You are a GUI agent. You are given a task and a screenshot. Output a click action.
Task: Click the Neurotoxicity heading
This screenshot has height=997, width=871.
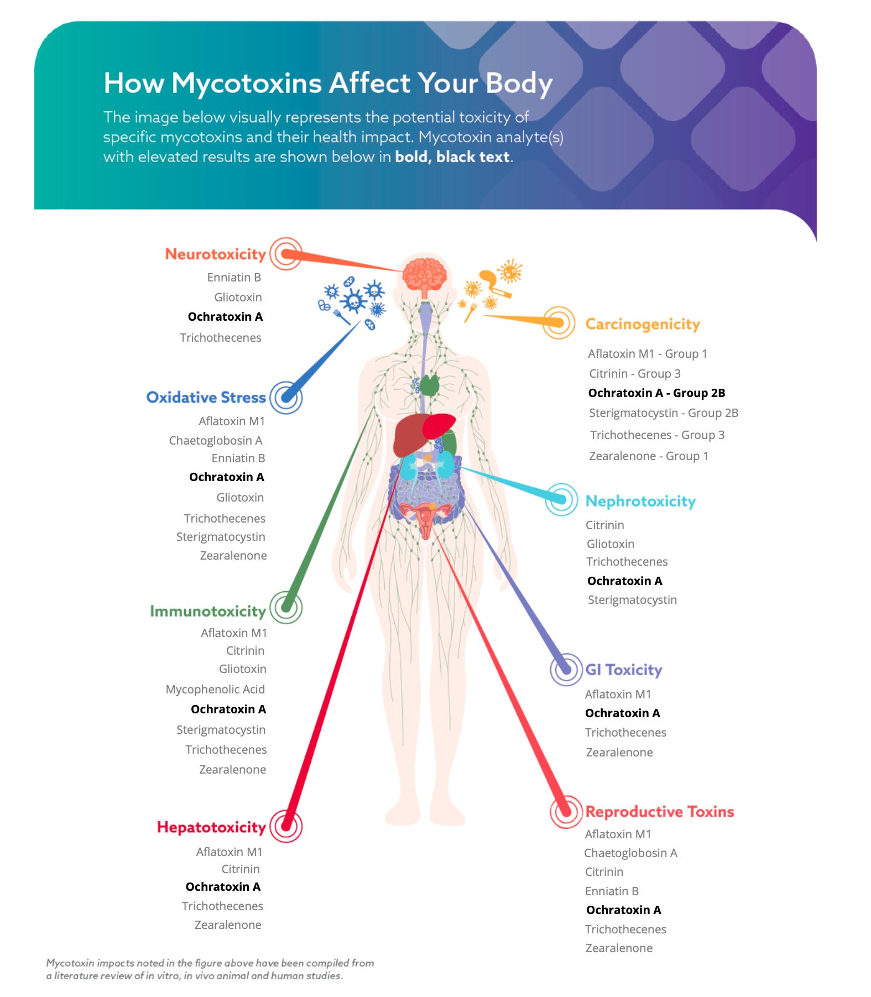pos(215,254)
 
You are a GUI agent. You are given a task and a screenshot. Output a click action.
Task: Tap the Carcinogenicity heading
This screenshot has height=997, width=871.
pos(642,324)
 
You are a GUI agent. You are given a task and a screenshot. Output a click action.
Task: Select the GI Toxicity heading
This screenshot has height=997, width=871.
pos(623,670)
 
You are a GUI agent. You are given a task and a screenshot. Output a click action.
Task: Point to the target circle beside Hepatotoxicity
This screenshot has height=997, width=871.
pos(286,827)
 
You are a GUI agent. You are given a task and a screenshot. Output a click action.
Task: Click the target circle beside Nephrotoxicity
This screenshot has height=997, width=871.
pos(561,499)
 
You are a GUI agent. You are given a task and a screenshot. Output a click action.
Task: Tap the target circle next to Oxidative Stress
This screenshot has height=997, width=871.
pos(286,397)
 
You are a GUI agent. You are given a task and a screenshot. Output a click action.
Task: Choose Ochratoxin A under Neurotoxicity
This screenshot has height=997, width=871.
pos(225,317)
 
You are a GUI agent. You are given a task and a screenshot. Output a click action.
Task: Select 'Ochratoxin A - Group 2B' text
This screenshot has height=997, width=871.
pos(656,393)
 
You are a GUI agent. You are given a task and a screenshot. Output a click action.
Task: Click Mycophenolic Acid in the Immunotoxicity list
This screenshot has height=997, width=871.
pos(215,690)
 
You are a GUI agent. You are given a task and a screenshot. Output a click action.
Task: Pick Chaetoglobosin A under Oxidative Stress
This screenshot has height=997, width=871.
pos(215,441)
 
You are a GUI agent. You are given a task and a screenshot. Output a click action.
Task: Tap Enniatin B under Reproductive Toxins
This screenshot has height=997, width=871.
pos(611,891)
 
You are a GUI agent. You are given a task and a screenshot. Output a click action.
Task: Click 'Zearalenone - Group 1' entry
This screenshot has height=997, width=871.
pos(648,456)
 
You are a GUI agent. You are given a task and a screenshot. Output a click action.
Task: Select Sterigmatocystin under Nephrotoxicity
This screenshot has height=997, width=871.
pos(632,600)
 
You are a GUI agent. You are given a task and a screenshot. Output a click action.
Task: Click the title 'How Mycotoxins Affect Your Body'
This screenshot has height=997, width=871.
pos(328,83)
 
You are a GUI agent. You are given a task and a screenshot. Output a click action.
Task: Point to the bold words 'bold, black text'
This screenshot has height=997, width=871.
pos(452,157)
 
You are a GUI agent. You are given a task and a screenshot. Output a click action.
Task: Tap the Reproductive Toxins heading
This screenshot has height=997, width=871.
pos(659,811)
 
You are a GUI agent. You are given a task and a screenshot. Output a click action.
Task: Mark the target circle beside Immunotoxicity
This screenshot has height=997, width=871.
pos(286,607)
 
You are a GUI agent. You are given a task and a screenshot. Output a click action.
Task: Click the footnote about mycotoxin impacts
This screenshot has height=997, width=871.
pos(210,969)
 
